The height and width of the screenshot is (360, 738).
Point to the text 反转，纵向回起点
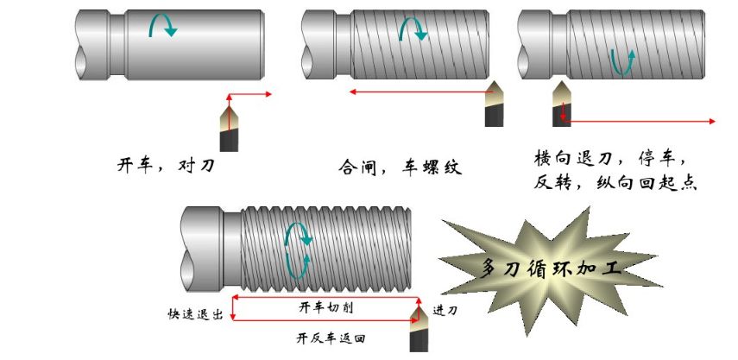coord(615,184)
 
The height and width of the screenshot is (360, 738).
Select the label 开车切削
coord(325,307)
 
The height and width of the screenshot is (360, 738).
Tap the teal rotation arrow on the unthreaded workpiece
coord(162,27)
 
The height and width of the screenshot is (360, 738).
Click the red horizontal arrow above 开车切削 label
coord(325,298)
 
